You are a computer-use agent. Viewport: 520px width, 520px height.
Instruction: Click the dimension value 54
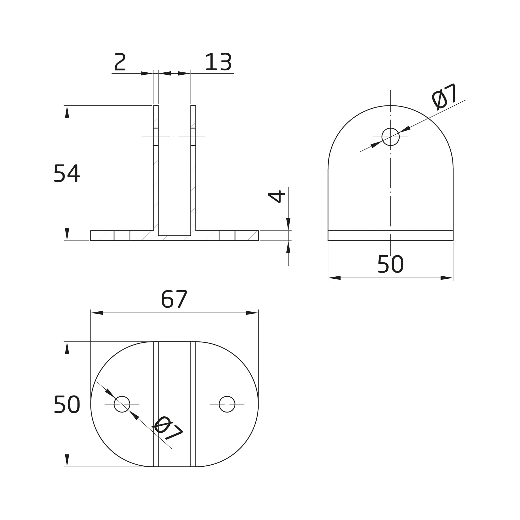coord(67,173)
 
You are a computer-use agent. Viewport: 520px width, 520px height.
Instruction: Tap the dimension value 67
coord(174,299)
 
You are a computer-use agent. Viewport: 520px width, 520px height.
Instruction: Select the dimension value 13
coord(218,62)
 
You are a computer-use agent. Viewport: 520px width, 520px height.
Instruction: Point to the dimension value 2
coord(120,62)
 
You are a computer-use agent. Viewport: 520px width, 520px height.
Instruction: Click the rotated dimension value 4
coord(277,196)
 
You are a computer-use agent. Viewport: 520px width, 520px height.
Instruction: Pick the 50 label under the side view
coord(390,264)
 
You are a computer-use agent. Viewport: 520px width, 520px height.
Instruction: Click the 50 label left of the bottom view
coord(67,404)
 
